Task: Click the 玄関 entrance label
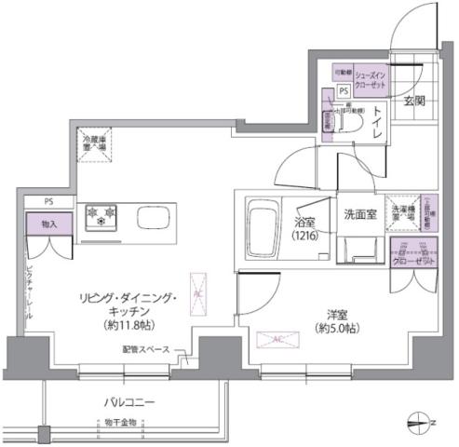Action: (414, 101)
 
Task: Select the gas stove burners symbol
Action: (101, 216)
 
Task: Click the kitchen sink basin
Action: (152, 216)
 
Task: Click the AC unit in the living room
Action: (197, 291)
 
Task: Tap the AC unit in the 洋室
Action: (278, 340)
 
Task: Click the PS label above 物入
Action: (46, 200)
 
